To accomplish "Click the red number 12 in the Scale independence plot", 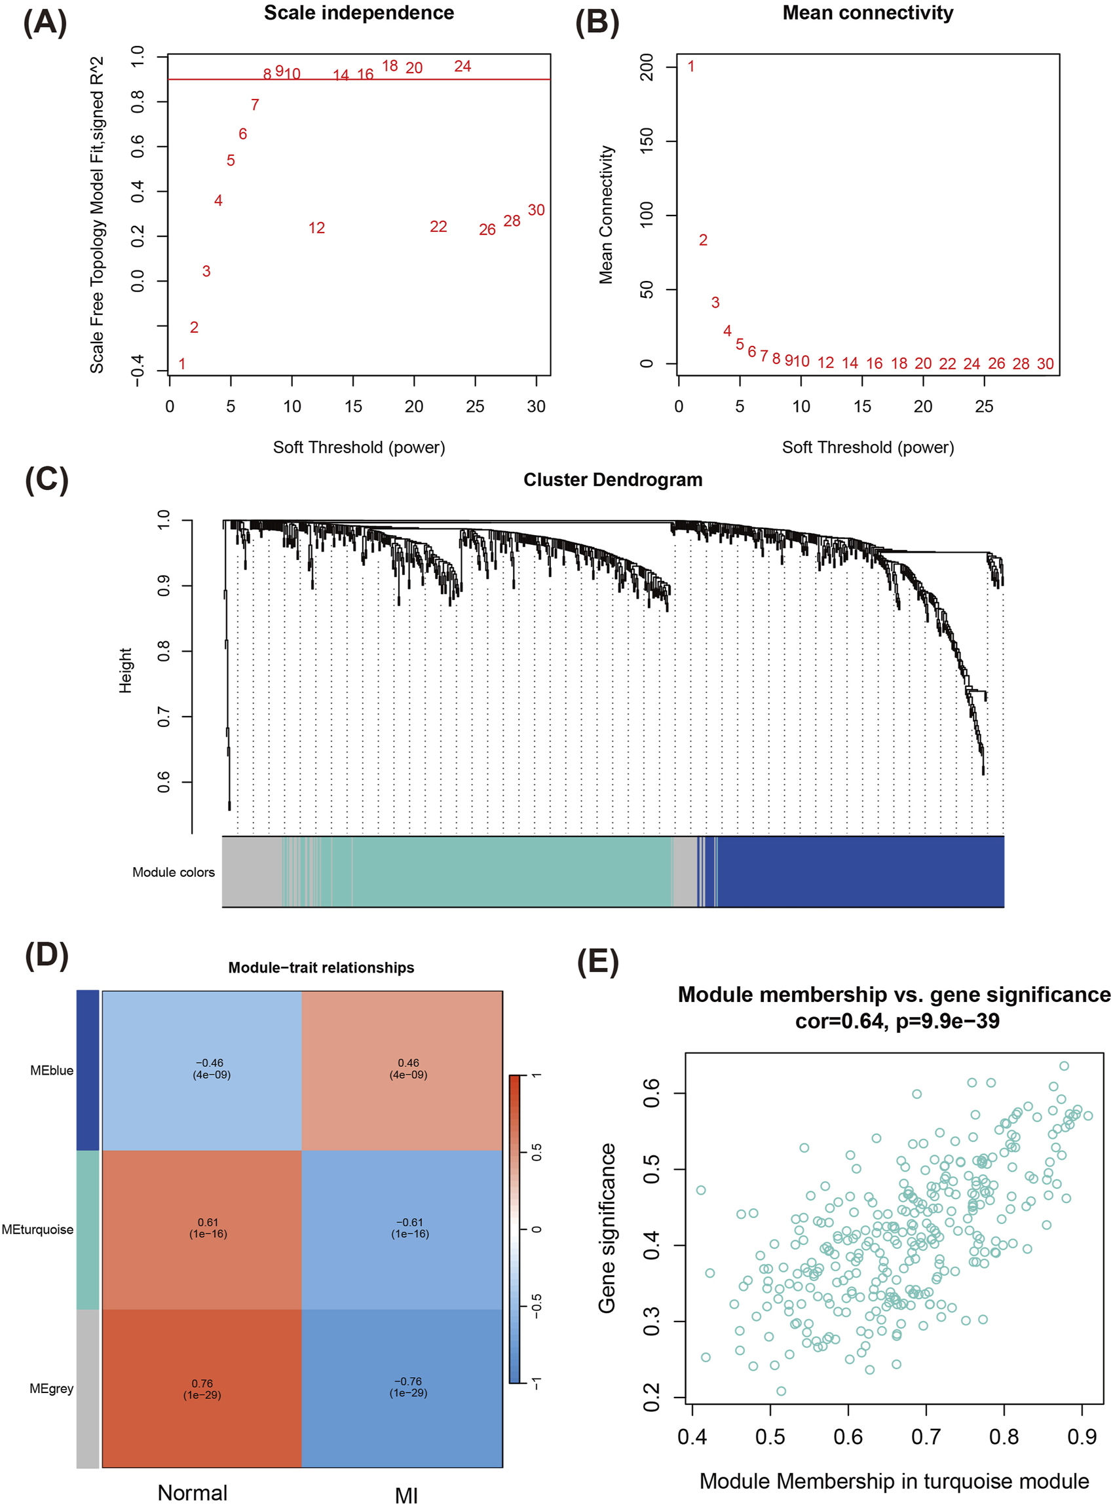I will pyautogui.click(x=316, y=229).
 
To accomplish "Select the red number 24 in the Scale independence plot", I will pyautogui.click(x=462, y=66).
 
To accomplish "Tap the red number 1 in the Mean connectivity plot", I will pyautogui.click(x=690, y=66).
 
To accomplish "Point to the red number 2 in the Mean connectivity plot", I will pyautogui.click(x=703, y=240).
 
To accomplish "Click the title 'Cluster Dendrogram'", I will pyautogui.click(x=613, y=479).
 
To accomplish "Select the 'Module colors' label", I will pyautogui.click(x=173, y=872).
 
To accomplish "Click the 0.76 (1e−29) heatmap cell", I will pyautogui.click(x=202, y=1388).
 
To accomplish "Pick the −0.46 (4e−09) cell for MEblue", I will pyautogui.click(x=212, y=1069).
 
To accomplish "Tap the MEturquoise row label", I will pyautogui.click(x=38, y=1229).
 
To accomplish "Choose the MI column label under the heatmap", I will pyautogui.click(x=406, y=1495).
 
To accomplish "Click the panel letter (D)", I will pyautogui.click(x=47, y=956).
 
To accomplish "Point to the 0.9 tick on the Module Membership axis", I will pyautogui.click(x=1082, y=1436).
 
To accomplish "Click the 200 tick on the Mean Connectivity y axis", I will pyautogui.click(x=646, y=67).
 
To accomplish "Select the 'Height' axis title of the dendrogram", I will pyautogui.click(x=125, y=670).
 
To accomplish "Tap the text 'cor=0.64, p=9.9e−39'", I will pyautogui.click(x=897, y=1021).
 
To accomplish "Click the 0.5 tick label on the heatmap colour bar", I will pyautogui.click(x=537, y=1152).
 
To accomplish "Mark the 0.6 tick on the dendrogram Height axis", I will pyautogui.click(x=164, y=782).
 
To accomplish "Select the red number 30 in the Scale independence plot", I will pyautogui.click(x=536, y=210).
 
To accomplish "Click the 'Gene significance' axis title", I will pyautogui.click(x=607, y=1227).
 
